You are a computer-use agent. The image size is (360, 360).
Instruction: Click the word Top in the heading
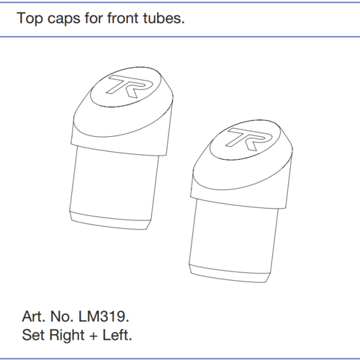[x=30, y=19]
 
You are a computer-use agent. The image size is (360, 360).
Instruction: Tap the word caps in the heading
[x=64, y=19]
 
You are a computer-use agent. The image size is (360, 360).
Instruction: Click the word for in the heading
[x=94, y=18]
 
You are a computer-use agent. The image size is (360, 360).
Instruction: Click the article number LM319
[x=102, y=316]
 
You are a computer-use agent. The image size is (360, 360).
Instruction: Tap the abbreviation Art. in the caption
[x=34, y=316]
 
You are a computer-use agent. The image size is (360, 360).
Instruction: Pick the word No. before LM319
[x=62, y=316]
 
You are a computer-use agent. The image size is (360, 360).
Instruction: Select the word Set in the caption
[x=33, y=335]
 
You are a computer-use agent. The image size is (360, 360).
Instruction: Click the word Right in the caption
[x=67, y=336]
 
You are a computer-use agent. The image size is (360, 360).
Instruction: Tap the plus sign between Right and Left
[x=94, y=336]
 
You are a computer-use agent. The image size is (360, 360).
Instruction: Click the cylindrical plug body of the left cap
[x=114, y=184]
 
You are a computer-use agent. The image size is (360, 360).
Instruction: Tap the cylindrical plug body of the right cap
[x=234, y=237]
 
